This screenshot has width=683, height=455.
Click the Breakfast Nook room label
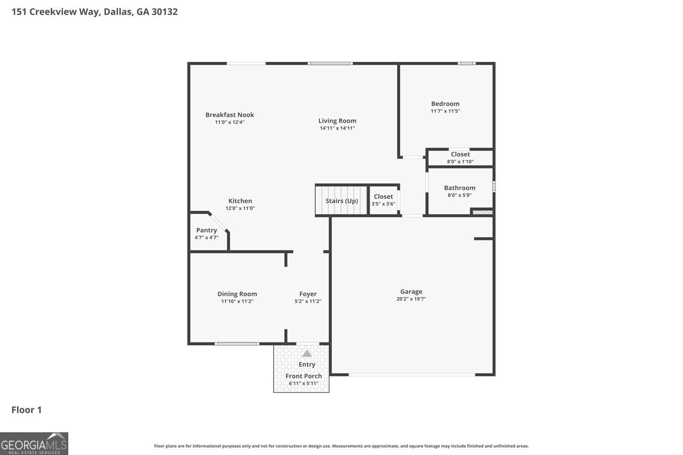coord(230,115)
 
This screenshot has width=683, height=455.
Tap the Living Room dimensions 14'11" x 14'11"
coord(337,128)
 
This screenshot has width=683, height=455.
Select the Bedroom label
coord(445,104)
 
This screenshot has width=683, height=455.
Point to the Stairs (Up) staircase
coord(341,201)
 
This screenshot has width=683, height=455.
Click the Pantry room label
coord(207,230)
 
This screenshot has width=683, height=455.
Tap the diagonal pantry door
coord(219,222)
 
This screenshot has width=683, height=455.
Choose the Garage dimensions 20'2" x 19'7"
coord(411,299)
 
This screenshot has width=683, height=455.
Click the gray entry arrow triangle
coord(307,354)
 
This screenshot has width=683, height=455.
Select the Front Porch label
coord(304,376)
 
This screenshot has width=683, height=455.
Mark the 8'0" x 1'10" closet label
coord(460,162)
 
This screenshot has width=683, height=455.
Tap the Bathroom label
coord(459,188)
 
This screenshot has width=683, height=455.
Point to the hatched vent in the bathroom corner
coord(482,212)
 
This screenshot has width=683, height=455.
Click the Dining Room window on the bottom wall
coord(237,344)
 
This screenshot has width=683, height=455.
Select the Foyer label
coord(308,294)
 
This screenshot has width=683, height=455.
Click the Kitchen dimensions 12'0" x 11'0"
coord(240,209)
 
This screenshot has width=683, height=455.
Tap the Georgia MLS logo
coord(34,443)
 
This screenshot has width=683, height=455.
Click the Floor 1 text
coord(26,410)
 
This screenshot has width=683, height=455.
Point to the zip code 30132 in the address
coord(164,12)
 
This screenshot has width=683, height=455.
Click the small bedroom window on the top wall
coord(467,64)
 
